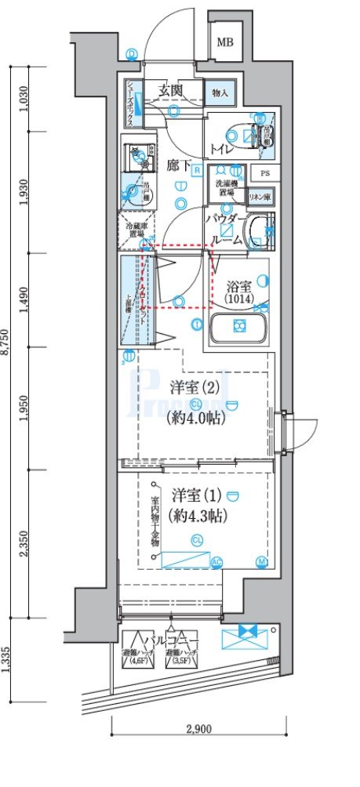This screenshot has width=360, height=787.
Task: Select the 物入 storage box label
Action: pos(220,92)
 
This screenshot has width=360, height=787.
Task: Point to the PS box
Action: pos(265,174)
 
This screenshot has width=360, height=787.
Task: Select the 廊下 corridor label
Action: pos(179,165)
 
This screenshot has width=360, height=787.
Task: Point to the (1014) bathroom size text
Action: pos(236,299)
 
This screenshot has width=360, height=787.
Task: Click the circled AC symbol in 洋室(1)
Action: pos(216,561)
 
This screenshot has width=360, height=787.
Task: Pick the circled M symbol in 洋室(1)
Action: pos(260,561)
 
